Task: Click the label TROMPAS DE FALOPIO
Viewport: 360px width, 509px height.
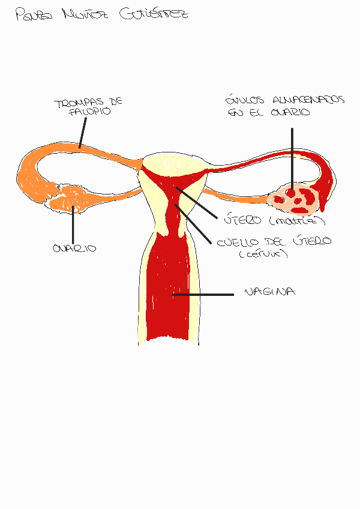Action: click(x=88, y=107)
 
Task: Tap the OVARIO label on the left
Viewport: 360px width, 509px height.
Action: click(x=74, y=248)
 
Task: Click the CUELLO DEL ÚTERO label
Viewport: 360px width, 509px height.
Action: click(x=273, y=241)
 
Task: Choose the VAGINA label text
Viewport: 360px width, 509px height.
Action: click(x=270, y=292)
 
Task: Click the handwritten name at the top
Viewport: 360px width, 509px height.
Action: click(x=102, y=14)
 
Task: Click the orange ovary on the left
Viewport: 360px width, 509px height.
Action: click(x=69, y=198)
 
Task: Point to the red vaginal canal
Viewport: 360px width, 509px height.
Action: click(x=172, y=288)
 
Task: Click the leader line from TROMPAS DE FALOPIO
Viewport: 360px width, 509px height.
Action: click(x=83, y=132)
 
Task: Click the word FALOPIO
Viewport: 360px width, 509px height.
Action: click(x=90, y=112)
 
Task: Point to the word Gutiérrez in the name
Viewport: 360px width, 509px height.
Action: click(x=153, y=14)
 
